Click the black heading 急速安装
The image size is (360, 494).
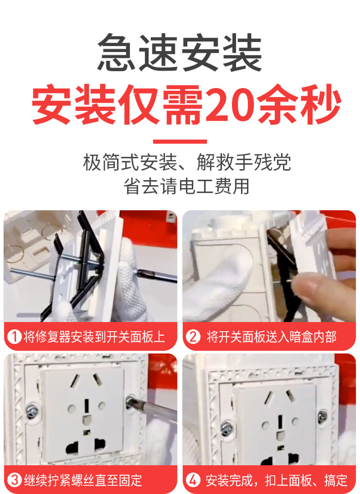point(179,52)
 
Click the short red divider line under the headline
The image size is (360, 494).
point(179,142)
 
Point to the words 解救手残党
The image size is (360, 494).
point(244,162)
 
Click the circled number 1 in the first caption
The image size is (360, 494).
point(14,336)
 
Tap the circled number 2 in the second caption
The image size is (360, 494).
point(193,336)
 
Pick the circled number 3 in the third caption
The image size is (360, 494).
point(14,480)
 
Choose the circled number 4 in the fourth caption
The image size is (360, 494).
point(193,480)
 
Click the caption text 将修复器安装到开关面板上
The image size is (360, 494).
point(94,336)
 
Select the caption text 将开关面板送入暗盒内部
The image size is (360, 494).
point(271,336)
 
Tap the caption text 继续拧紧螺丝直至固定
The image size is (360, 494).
point(83,480)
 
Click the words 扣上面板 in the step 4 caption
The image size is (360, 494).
point(289,480)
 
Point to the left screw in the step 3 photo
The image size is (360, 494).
point(32,411)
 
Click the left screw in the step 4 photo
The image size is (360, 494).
point(227,429)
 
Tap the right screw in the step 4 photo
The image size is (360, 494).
point(322,416)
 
